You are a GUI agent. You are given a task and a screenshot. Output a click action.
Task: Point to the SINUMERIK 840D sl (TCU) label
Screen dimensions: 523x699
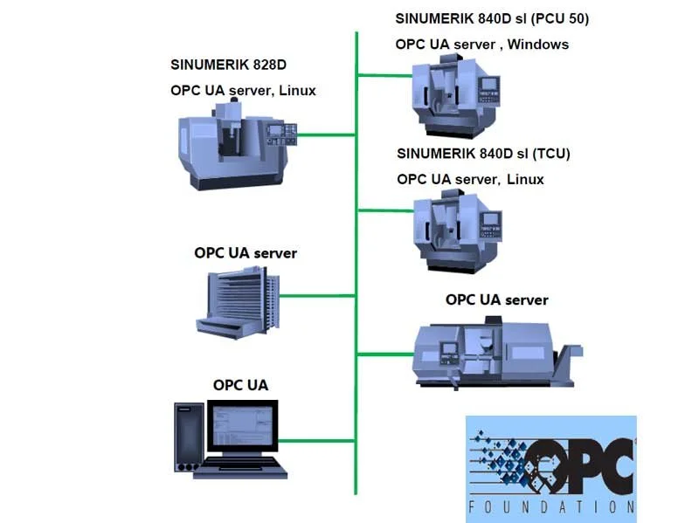click(x=483, y=155)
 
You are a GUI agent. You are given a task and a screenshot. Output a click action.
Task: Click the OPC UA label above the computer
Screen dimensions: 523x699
click(x=240, y=385)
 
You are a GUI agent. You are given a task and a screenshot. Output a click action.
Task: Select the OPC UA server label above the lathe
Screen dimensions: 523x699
click(x=496, y=299)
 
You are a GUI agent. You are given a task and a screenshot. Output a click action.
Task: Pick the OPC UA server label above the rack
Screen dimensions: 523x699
click(x=246, y=253)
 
